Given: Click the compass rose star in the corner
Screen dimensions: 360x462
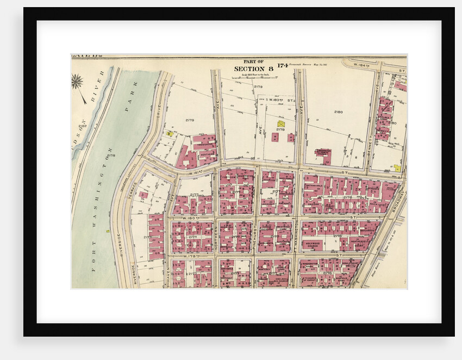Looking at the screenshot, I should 77,82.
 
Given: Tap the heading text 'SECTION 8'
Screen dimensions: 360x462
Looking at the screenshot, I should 253,69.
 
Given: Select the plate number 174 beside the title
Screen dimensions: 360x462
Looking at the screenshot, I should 282,66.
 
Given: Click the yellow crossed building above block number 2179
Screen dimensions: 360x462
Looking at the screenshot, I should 281,124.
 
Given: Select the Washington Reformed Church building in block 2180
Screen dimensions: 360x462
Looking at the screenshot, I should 324,155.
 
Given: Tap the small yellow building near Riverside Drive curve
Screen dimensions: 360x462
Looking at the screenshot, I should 169,133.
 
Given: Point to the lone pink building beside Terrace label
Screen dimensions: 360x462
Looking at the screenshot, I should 143,195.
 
